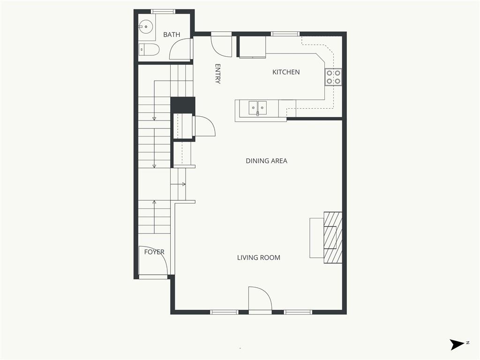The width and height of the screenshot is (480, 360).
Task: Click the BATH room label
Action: click(x=172, y=35)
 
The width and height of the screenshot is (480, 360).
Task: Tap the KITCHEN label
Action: click(x=286, y=72)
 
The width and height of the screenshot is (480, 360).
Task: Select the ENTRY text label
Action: click(x=217, y=74)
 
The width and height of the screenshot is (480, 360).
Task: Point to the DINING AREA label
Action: click(x=266, y=161)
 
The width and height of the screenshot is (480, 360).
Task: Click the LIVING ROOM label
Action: click(x=259, y=257)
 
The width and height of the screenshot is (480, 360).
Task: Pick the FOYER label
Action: click(x=154, y=252)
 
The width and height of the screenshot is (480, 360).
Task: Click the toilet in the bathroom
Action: click(x=149, y=49)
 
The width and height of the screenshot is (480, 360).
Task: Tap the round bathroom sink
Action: click(x=146, y=27)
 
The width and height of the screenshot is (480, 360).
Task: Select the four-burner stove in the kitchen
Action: click(x=333, y=77)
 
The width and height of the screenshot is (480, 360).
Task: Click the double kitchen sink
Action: click(x=257, y=108)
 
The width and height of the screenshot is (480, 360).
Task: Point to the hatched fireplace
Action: click(x=333, y=237)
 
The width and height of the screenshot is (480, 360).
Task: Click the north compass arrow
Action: click(x=457, y=345)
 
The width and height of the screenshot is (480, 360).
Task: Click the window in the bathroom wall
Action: click(x=163, y=12)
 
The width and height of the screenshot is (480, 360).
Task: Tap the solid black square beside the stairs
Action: click(x=183, y=105)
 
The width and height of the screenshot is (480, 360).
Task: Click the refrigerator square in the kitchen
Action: click(x=252, y=47)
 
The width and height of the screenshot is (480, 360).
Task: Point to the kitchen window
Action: click(x=285, y=34)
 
